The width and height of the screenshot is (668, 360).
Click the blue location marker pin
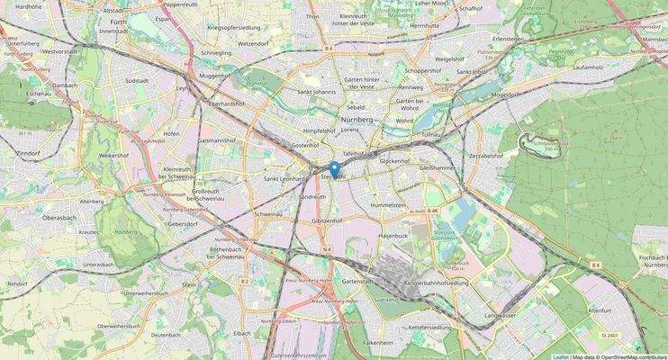point(334,168)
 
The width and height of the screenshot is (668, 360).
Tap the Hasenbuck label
point(393,235)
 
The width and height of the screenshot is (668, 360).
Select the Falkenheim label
point(378,343)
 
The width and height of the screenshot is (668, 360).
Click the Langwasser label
point(500,316)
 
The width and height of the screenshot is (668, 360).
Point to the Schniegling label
point(216,54)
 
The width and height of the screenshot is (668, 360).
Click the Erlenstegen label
point(508,39)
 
